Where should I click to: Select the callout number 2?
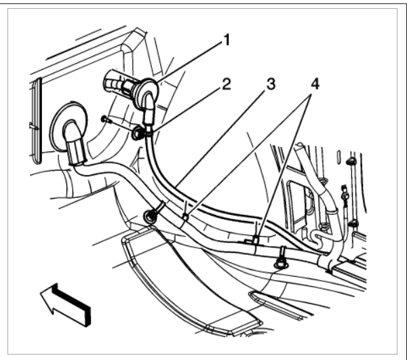[x=226, y=85]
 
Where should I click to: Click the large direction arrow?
[x=64, y=301]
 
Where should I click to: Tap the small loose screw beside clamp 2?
[x=104, y=121]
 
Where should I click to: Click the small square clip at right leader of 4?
[x=252, y=239]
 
